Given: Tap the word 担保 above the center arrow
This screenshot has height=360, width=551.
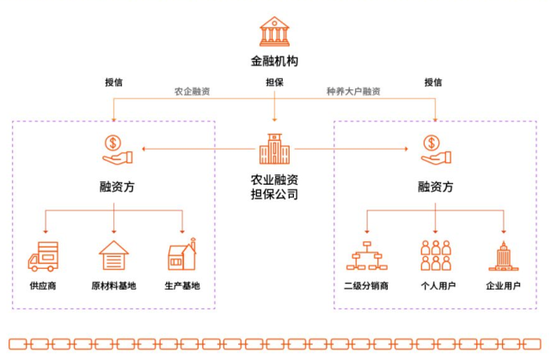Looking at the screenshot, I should click(x=274, y=82).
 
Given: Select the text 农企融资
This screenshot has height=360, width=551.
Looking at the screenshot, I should click(x=192, y=91).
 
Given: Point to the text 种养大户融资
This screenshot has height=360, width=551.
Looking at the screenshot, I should click(x=353, y=91).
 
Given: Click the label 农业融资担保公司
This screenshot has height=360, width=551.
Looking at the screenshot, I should click(x=274, y=186).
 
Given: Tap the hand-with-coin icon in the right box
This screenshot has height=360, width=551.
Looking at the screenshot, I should click(x=434, y=149).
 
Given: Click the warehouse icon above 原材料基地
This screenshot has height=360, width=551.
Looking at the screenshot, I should click(x=113, y=255).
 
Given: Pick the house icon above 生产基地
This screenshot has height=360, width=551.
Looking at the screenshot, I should click(x=181, y=255).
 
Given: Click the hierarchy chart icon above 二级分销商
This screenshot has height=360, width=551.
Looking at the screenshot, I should click(x=366, y=256).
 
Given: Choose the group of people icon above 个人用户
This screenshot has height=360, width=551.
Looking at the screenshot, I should click(x=436, y=255).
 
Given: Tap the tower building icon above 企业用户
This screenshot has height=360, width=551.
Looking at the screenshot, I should click(x=502, y=255).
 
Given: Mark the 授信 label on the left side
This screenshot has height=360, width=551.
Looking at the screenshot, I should click(x=113, y=82).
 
